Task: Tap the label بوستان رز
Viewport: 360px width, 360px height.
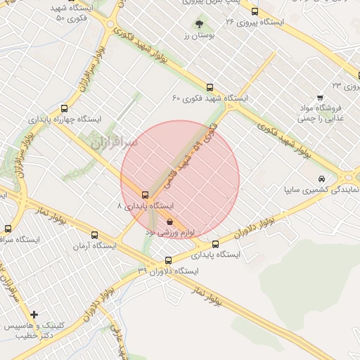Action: pyautogui.click(x=193, y=35)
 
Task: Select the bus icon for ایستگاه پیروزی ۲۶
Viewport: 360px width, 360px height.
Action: pyautogui.click(x=255, y=11)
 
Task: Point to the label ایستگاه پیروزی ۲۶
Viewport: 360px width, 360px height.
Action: pyautogui.click(x=254, y=22)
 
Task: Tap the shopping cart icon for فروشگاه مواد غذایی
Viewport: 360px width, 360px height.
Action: pyautogui.click(x=320, y=97)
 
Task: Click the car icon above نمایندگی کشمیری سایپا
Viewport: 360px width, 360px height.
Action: pyautogui.click(x=321, y=179)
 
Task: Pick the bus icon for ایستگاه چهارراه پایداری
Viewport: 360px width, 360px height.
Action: pyautogui.click(x=65, y=108)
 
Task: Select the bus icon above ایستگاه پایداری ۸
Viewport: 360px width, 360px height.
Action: pyautogui.click(x=145, y=195)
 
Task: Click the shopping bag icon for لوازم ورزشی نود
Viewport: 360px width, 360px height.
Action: pyautogui.click(x=170, y=221)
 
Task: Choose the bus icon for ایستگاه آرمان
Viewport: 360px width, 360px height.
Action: pyautogui.click(x=94, y=236)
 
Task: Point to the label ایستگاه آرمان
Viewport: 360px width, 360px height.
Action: pyautogui.click(x=96, y=246)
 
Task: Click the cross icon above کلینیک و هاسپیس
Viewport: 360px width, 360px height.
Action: pyautogui.click(x=34, y=314)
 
